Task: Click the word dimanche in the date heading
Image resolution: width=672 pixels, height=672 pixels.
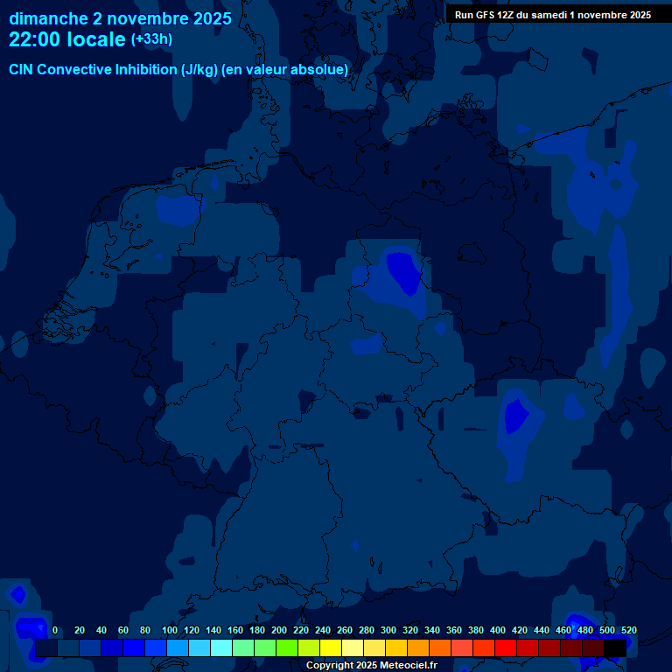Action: click(x=48, y=18)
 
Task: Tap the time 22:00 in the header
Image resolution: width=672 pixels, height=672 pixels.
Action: click(x=35, y=40)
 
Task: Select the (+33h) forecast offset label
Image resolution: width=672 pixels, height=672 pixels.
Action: click(x=151, y=39)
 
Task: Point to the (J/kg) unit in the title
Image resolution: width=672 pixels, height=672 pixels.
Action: click(x=200, y=70)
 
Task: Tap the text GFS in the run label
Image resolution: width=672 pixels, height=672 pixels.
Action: click(x=487, y=15)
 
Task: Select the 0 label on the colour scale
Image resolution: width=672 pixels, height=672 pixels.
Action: click(x=55, y=630)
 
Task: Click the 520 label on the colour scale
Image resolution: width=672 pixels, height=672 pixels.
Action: click(x=628, y=630)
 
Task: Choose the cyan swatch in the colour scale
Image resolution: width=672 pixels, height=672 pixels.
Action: click(x=220, y=648)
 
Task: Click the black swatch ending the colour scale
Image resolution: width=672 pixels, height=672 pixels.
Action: click(x=614, y=648)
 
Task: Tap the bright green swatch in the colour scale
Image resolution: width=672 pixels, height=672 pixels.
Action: click(x=286, y=648)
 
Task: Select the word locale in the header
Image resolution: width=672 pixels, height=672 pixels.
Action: click(x=96, y=40)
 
